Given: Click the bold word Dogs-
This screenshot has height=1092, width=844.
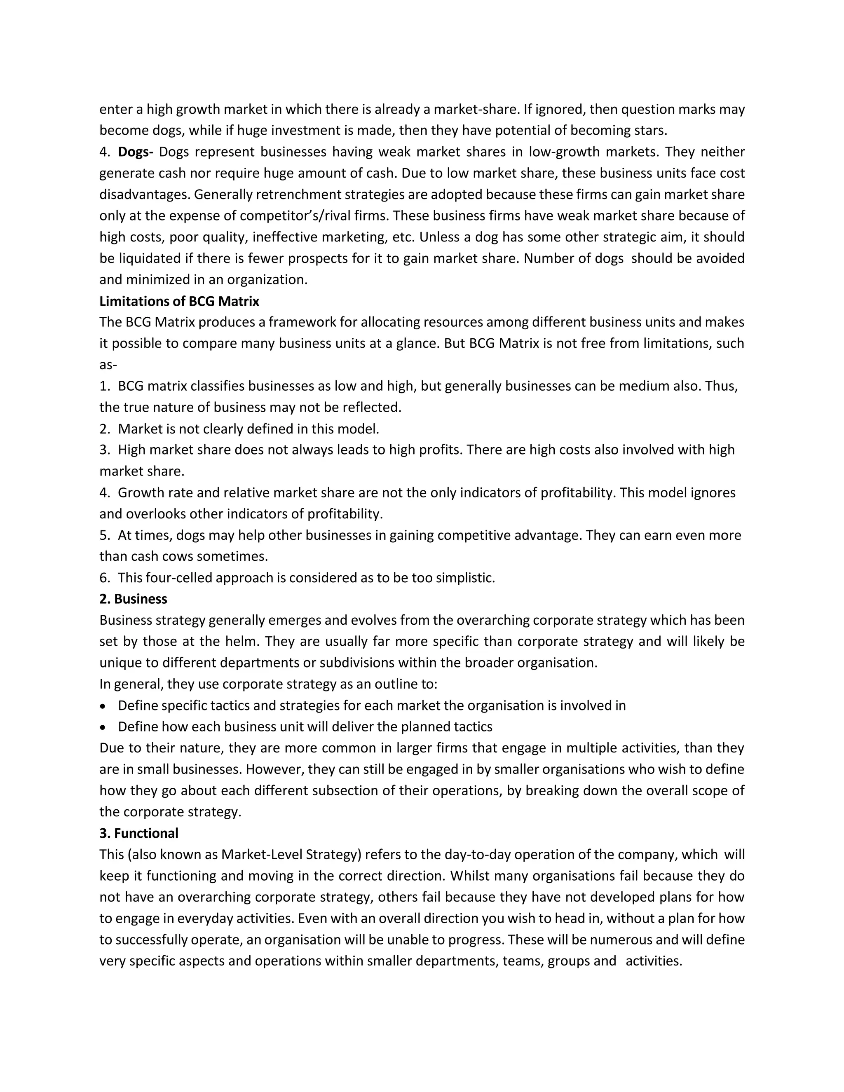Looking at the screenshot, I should (x=136, y=152).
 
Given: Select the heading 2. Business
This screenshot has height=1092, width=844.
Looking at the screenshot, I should (x=133, y=599).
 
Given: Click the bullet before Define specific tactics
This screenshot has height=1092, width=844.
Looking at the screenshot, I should (x=103, y=706).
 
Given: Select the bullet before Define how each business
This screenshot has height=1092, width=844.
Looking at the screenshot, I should (x=103, y=727).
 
